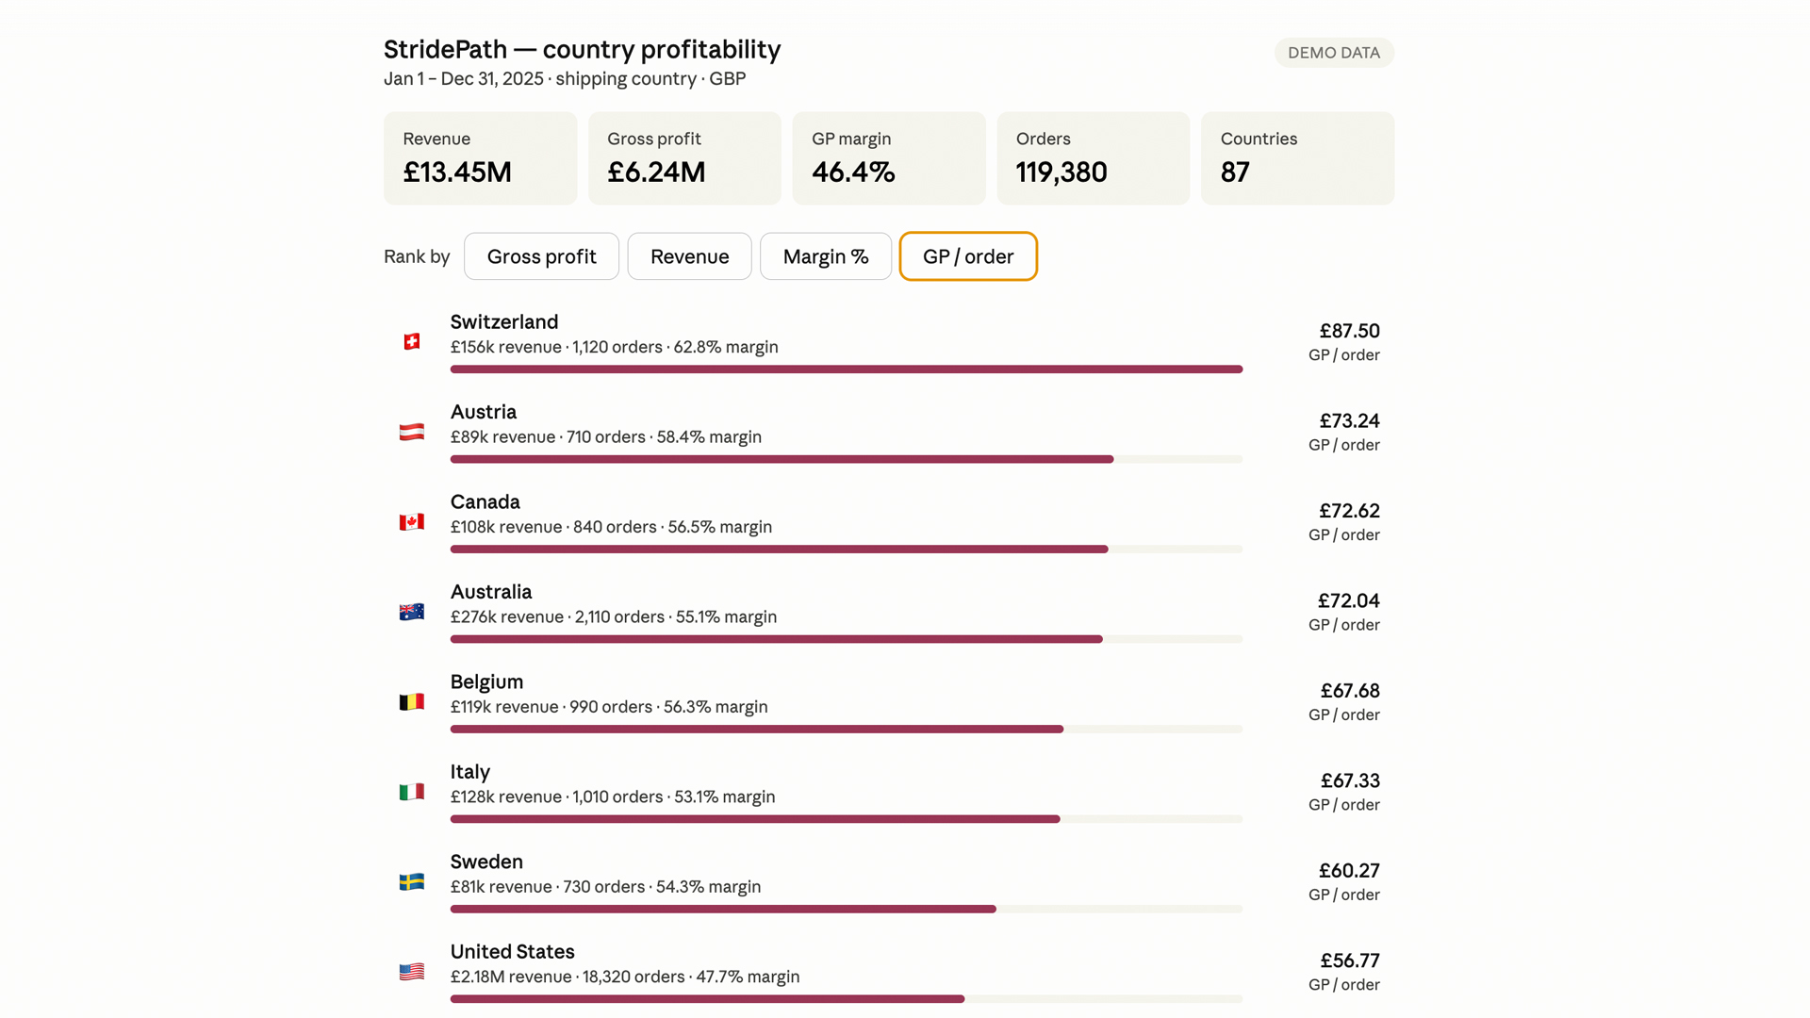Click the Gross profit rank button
pos(541,256)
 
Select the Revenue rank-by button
pos(689,256)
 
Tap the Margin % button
pos(826,256)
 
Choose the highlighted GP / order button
pos(968,256)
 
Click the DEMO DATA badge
pos(1334,53)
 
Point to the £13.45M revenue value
pos(457,172)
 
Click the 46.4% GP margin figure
pos(853,172)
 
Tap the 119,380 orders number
pos(1061,172)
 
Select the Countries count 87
pos(1235,172)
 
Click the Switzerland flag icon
pos(412,341)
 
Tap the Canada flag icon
pos(412,521)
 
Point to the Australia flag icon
pos(412,612)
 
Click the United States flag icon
pos(412,972)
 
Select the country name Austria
pos(484,412)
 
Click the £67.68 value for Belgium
pos(1350,691)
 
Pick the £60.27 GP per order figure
pos(1349,871)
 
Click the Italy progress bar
pos(847,819)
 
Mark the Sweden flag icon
pos(412,881)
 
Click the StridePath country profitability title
pos(582,49)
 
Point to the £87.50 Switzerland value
pos(1349,331)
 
